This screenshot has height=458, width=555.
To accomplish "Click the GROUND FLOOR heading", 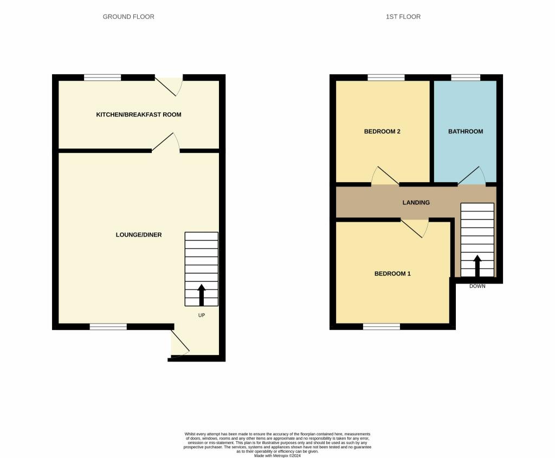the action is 128,17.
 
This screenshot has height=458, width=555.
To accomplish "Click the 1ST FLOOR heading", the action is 403,17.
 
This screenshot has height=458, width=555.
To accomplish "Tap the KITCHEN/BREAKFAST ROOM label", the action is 139,115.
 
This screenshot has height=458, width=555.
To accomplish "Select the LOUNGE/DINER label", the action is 139,235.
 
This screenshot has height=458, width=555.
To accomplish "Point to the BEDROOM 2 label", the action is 382,132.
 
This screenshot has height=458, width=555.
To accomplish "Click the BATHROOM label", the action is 466,132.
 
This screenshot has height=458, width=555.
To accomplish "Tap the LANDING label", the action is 416,203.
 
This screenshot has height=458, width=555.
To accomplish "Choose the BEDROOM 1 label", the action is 392,274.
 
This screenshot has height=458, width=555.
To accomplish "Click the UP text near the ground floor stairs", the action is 202,315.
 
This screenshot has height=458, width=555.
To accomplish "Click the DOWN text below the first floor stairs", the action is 477,286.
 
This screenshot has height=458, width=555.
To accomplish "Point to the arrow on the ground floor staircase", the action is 202,295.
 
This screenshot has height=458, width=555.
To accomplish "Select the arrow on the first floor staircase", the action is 477,266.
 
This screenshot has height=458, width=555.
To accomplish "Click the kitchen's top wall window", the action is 102,78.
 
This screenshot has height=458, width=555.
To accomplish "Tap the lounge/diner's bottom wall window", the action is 108,327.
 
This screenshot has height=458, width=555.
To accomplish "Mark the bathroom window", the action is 466,78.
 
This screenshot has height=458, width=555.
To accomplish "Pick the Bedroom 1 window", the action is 382,327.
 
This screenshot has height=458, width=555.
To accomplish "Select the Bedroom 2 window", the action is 386,78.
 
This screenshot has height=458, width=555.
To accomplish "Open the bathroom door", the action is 472,176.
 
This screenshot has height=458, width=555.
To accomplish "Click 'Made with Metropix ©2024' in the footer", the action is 277,455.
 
